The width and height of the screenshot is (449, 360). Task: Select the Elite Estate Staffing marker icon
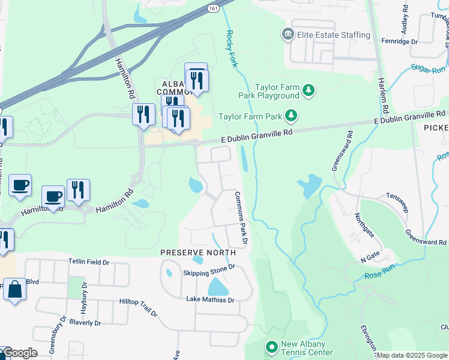pos(287,35)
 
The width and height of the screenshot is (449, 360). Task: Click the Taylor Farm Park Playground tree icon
pos(309,91)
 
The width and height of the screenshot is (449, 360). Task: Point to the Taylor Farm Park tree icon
pos(291,115)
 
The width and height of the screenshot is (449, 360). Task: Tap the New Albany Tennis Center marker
pos(271,347)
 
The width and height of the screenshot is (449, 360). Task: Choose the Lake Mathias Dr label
pos(209,299)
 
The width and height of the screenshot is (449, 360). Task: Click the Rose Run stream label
pos(378,277)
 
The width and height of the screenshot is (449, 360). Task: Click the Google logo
pos(20,353)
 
